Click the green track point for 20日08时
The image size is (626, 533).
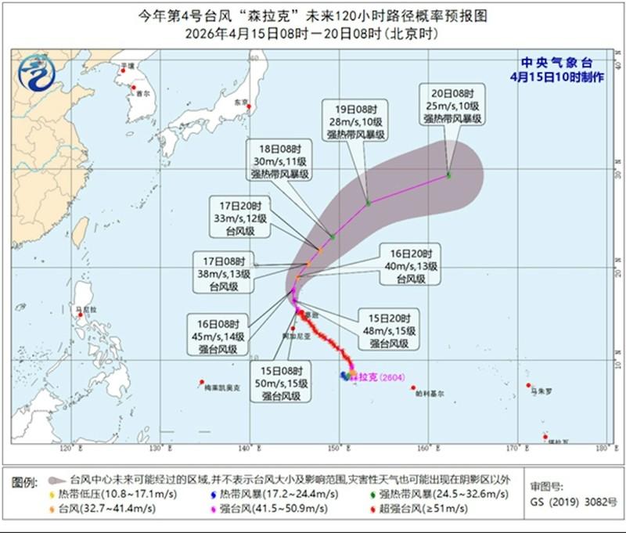[x=448, y=175]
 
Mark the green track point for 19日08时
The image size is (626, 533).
[x=368, y=203]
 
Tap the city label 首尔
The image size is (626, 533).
[x=142, y=92]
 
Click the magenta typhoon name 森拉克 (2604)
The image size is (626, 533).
[x=375, y=377]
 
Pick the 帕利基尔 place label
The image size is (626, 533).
[x=429, y=394]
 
